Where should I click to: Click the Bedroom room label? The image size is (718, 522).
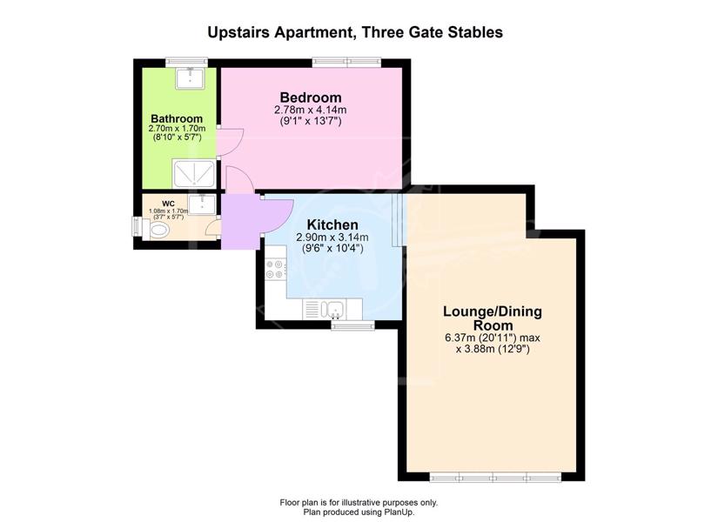[311, 97]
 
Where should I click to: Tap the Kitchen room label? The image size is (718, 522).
[332, 224]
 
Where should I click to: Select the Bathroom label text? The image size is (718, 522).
[177, 119]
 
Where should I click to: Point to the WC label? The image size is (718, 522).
[169, 204]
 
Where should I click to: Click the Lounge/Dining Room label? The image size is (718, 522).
[493, 318]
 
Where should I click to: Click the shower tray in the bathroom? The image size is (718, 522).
[194, 173]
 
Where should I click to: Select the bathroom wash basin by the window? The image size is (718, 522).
[190, 77]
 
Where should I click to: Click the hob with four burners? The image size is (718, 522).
[276, 269]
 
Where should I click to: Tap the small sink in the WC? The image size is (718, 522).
[202, 204]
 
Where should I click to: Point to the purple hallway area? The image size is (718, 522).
[240, 222]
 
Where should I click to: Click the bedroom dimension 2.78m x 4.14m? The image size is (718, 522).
[311, 110]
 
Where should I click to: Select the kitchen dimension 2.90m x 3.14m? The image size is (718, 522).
[332, 238]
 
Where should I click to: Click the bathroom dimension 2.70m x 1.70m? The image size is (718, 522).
[177, 129]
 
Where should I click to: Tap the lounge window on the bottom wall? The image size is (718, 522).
[495, 478]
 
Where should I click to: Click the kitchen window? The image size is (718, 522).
[353, 325]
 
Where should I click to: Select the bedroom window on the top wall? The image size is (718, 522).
[346, 62]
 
